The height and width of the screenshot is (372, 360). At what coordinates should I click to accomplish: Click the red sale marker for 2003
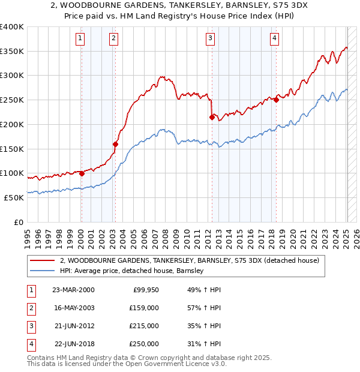115,144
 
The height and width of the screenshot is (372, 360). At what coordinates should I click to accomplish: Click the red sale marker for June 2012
212,117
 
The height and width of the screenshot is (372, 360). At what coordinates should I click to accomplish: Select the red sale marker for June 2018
276,100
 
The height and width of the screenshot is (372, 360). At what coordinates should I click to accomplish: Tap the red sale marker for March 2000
82,173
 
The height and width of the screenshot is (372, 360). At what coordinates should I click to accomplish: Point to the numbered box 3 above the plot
211,39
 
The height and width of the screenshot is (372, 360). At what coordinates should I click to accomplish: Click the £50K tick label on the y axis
14,197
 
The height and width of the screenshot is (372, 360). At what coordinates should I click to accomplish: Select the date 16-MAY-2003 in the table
73,307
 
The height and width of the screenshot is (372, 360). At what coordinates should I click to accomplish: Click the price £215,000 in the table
144,326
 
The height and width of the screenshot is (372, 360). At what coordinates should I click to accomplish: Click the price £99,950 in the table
146,289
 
